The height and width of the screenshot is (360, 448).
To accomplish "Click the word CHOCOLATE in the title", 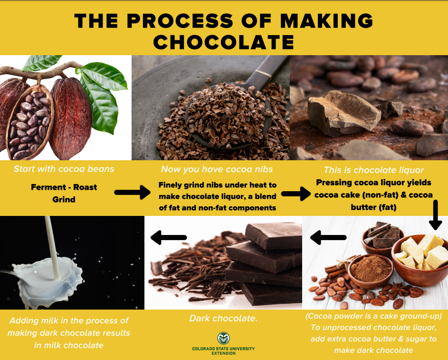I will [223, 42].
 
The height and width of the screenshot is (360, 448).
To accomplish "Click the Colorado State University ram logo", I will [223, 338].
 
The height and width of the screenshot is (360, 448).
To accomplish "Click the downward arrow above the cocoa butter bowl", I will [434, 214].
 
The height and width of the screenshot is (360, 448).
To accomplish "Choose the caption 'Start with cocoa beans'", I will [64, 169].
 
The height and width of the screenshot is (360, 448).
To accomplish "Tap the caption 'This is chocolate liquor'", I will [373, 170].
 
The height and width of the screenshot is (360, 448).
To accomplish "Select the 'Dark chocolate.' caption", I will [223, 318].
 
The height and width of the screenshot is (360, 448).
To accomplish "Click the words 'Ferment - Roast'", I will [64, 187].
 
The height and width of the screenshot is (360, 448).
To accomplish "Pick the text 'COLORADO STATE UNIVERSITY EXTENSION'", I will [223, 351].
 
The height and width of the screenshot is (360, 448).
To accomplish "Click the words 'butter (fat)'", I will [374, 207].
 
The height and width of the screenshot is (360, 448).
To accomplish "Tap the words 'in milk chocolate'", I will [68, 345].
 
